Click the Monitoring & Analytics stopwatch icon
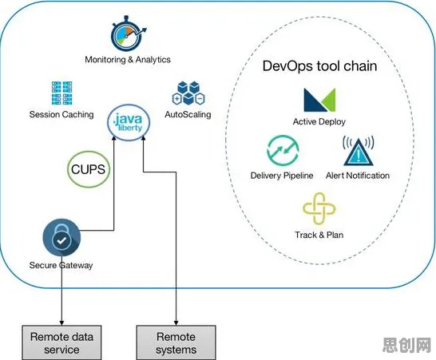pos(129,34)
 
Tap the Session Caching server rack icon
pos(61,93)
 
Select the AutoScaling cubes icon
pos(188,93)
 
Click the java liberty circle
pos(129,122)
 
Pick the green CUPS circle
pos(89,169)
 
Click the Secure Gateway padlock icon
pos(61,238)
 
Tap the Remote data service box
pos(61,342)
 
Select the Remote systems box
pos(176,342)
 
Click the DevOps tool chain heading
pos(319,66)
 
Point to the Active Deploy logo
pos(319,100)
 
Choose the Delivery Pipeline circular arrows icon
pos(283,150)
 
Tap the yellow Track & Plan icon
pos(319,209)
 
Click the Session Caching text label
pos(61,114)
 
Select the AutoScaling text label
pos(188,114)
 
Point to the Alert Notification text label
pos(358,176)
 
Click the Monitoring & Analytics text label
pos(128,60)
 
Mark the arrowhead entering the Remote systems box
pos(176,322)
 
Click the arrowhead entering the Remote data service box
pos(61,322)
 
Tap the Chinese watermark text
pos(406,345)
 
